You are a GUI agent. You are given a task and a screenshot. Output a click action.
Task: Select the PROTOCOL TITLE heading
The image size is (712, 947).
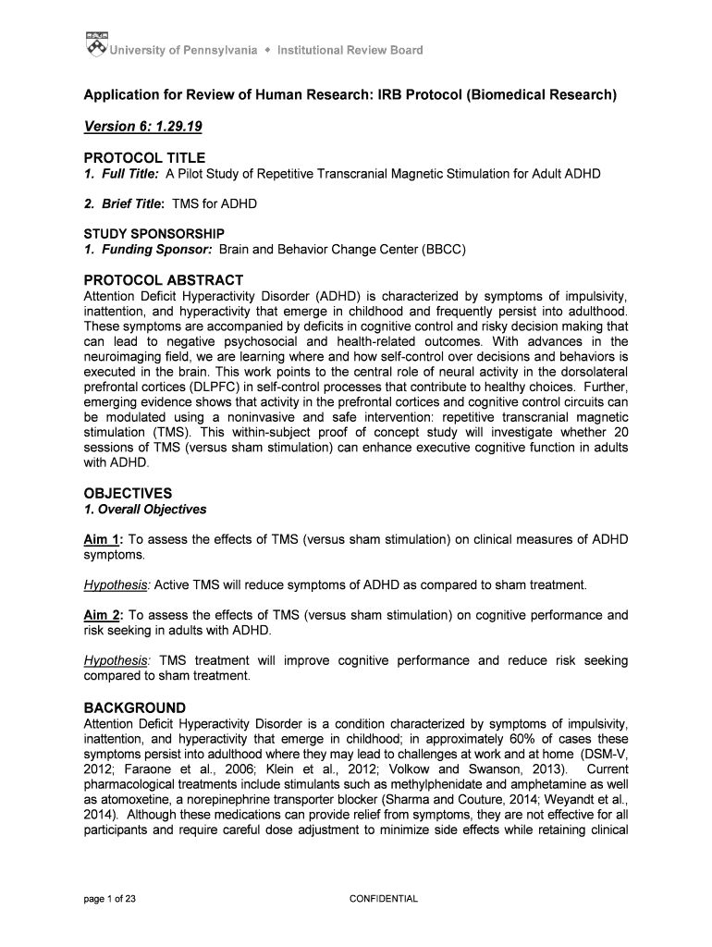[144, 157]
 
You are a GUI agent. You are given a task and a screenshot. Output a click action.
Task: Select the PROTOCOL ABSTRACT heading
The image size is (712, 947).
[164, 280]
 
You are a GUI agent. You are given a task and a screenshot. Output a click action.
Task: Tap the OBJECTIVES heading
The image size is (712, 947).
[128, 493]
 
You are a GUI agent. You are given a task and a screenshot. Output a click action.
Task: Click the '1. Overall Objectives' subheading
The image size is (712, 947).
[145, 510]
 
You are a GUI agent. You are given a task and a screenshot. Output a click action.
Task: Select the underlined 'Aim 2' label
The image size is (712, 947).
[103, 615]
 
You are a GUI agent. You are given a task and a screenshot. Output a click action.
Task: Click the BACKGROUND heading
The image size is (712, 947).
[135, 707]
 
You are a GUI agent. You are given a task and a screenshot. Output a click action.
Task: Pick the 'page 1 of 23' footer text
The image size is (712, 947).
[111, 898]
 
